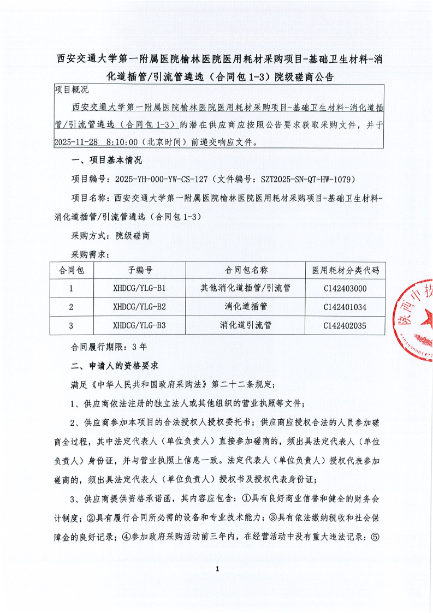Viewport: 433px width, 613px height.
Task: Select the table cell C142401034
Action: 345,307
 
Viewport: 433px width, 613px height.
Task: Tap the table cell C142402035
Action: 345,326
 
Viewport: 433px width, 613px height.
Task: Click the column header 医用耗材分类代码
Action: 345,270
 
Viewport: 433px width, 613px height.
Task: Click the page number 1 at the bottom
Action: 217,569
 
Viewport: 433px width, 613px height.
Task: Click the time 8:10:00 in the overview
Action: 122,141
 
